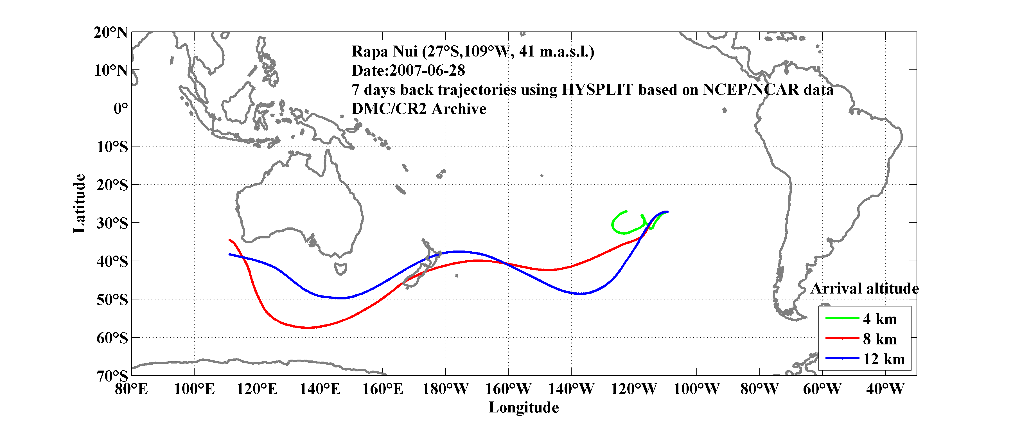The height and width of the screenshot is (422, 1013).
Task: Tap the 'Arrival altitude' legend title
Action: [x=864, y=289]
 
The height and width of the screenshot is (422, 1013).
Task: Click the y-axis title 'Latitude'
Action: [x=79, y=203]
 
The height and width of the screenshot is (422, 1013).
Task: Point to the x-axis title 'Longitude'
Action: [x=524, y=407]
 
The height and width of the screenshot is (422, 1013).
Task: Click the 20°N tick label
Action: [x=110, y=32]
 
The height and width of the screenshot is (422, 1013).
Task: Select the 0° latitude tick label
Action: [x=120, y=108]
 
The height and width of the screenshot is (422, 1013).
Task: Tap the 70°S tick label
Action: [x=112, y=376]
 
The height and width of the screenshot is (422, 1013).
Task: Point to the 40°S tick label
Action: [x=112, y=261]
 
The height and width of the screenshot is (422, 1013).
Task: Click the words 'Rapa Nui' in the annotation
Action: [x=384, y=51]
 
